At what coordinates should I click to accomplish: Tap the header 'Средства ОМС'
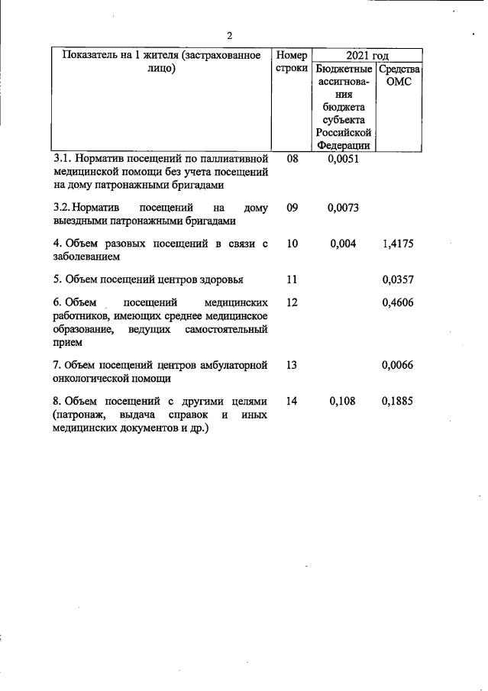pyautogui.click(x=399, y=76)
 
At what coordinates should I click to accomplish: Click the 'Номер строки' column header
pyautogui.click(x=292, y=62)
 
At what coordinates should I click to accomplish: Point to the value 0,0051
pyautogui.click(x=342, y=160)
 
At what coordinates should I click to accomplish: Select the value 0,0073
pyautogui.click(x=342, y=208)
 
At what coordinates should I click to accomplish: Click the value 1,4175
pyautogui.click(x=397, y=244)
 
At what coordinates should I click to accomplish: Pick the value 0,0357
pyautogui.click(x=397, y=279)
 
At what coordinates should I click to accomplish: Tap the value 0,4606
pyautogui.click(x=397, y=302)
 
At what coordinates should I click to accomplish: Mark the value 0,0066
pyautogui.click(x=397, y=365)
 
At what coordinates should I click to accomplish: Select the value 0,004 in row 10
pyautogui.click(x=342, y=244)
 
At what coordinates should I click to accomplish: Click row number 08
pyautogui.click(x=292, y=160)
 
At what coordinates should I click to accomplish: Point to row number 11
pyautogui.click(x=292, y=279)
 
